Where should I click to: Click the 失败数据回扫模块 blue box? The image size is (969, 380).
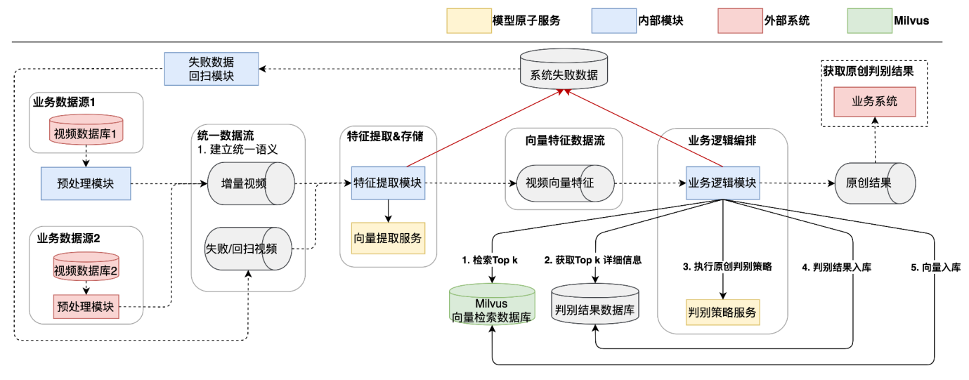click(x=212, y=69)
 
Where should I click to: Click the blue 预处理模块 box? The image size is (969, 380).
click(x=86, y=184)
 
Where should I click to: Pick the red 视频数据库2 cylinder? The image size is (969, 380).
click(x=85, y=268)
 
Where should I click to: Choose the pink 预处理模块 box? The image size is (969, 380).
click(x=85, y=306)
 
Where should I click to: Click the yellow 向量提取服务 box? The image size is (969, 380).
click(x=388, y=238)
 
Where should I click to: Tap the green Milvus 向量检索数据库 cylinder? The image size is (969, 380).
click(x=492, y=304)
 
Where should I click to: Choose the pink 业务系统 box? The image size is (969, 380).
click(x=875, y=101)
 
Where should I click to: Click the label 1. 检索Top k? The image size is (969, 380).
click(x=490, y=261)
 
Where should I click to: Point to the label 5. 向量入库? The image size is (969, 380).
click(x=936, y=267)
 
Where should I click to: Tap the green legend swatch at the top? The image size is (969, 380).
click(x=869, y=21)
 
